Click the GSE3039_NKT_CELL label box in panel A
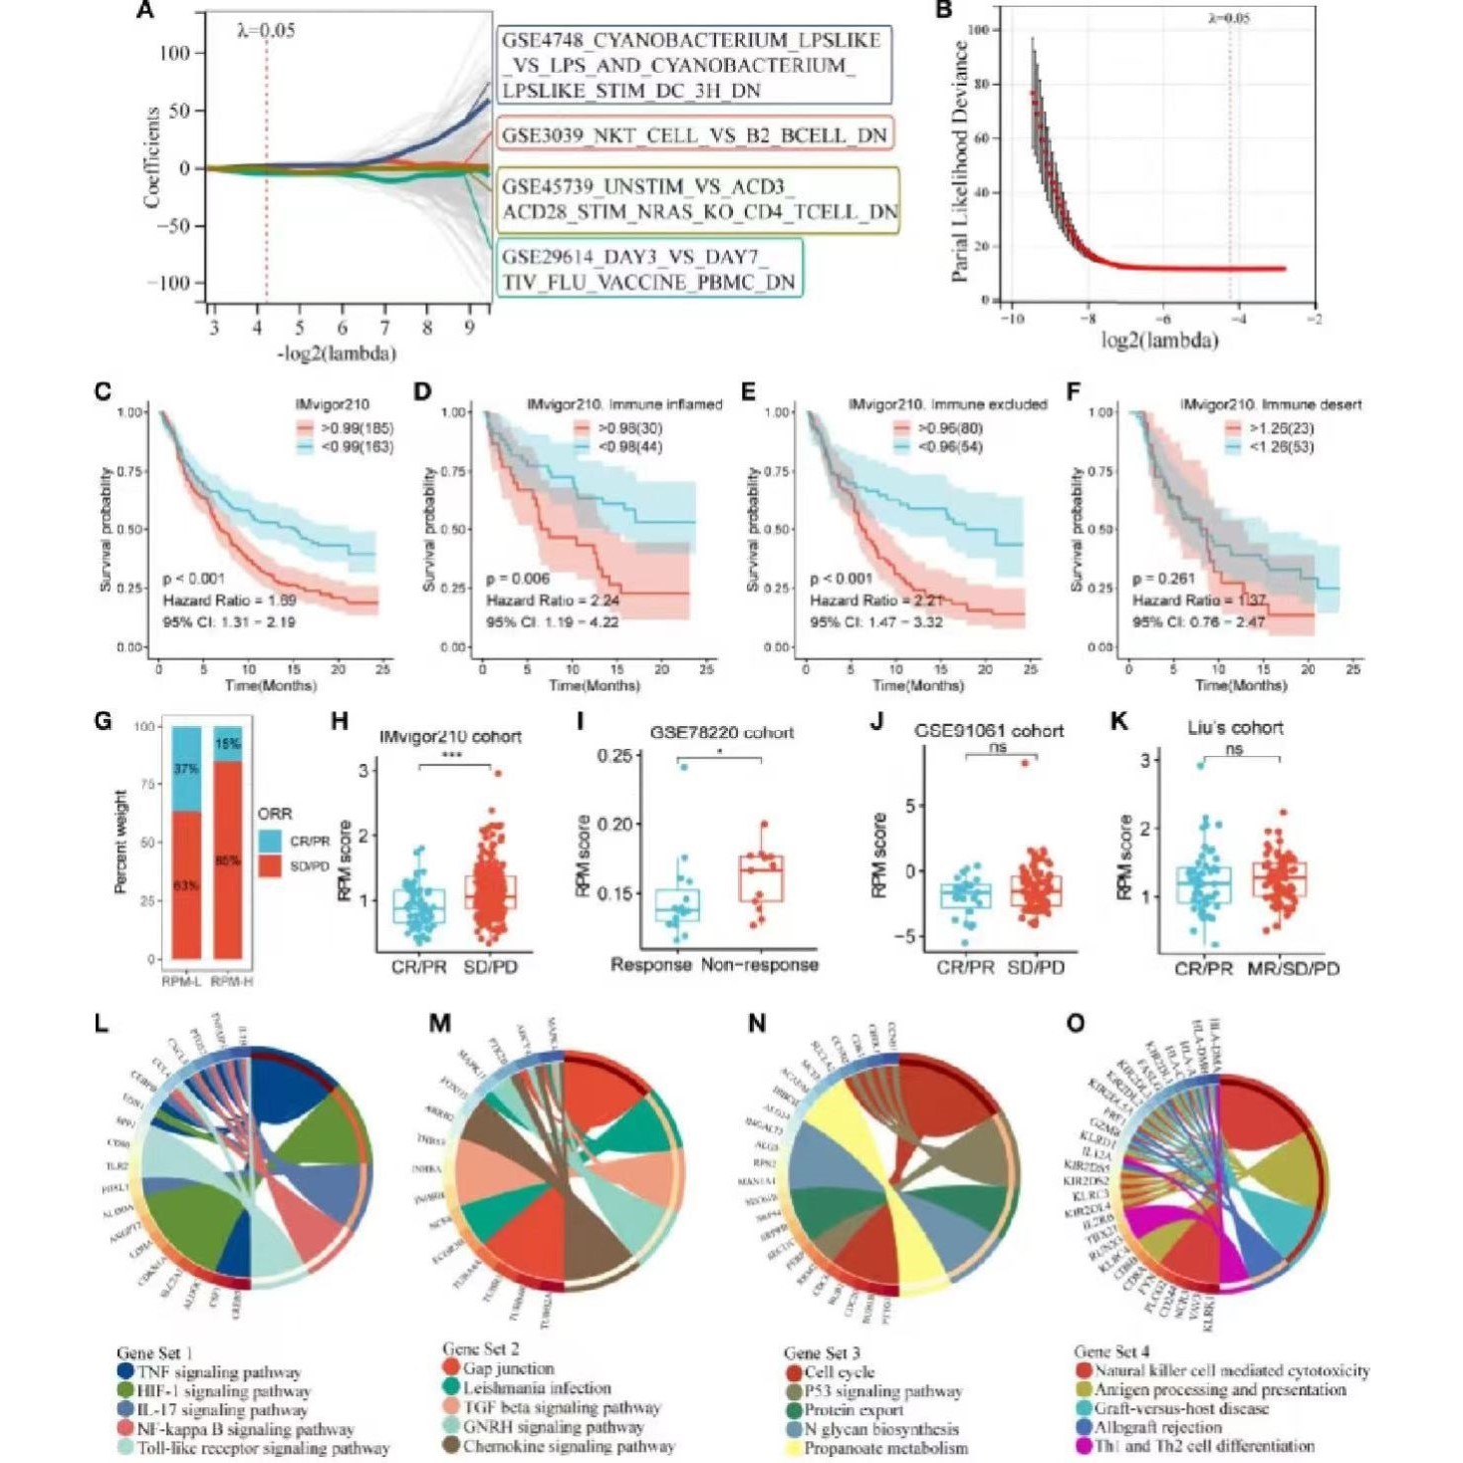(693, 135)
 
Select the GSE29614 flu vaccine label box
(648, 270)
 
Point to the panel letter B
(943, 12)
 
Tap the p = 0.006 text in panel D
(518, 579)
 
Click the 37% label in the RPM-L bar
(186, 769)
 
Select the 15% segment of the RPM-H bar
(228, 744)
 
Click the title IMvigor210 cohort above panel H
(450, 737)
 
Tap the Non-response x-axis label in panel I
(760, 964)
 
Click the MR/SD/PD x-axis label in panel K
(1293, 968)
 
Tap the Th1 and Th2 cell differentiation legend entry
(1204, 1445)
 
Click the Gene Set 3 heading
(822, 1352)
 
